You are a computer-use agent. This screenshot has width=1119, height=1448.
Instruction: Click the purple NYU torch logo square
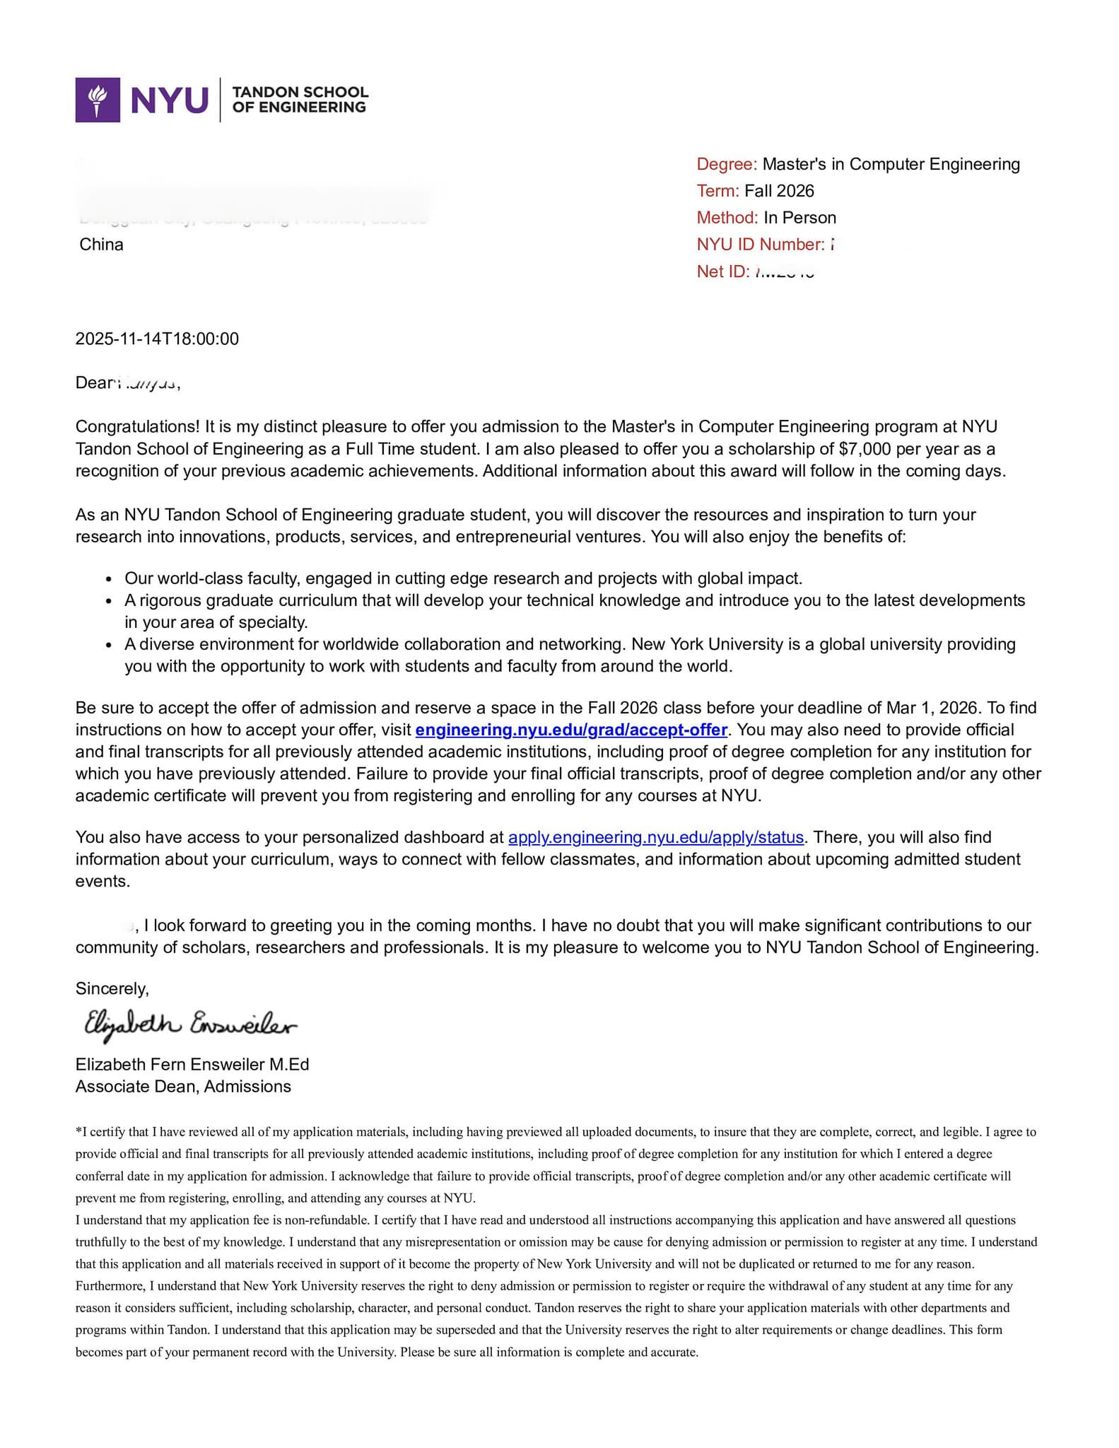(x=98, y=100)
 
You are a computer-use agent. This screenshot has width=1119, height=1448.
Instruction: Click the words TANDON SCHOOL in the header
(x=300, y=92)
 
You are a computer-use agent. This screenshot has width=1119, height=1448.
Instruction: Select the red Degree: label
(x=726, y=164)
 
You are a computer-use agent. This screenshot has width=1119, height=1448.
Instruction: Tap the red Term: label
(x=717, y=191)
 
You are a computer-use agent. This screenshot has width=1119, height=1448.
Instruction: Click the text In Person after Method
(x=799, y=218)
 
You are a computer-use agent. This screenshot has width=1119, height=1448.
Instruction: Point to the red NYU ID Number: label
(x=760, y=245)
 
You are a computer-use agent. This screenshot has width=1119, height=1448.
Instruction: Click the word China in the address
(x=101, y=245)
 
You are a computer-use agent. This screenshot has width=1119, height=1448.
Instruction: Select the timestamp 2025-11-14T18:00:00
(x=157, y=339)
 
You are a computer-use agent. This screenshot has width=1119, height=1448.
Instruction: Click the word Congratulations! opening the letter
(x=138, y=426)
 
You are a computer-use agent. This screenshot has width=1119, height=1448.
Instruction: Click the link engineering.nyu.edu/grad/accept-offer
(x=571, y=730)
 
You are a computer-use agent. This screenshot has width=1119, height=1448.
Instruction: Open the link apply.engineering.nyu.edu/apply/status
(x=656, y=837)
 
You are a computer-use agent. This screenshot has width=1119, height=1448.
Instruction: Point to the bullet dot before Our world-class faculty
(x=108, y=579)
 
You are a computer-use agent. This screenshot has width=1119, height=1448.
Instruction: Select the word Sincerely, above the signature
(x=112, y=988)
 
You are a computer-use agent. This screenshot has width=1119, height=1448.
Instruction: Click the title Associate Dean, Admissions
(x=183, y=1086)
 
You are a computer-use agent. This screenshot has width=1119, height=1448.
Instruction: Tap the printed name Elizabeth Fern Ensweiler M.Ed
(x=192, y=1064)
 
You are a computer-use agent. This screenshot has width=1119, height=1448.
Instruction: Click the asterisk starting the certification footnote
(x=78, y=1131)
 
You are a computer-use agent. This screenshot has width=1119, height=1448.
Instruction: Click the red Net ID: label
(x=722, y=271)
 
